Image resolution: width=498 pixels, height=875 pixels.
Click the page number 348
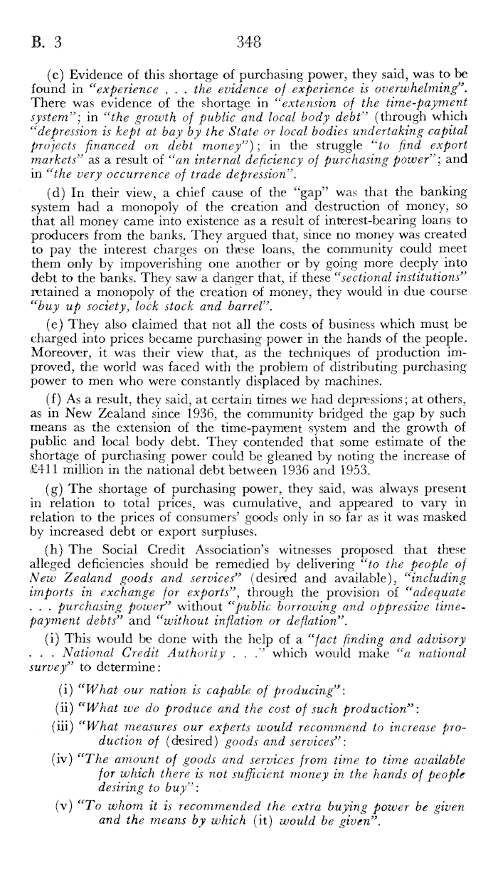[249, 41]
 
